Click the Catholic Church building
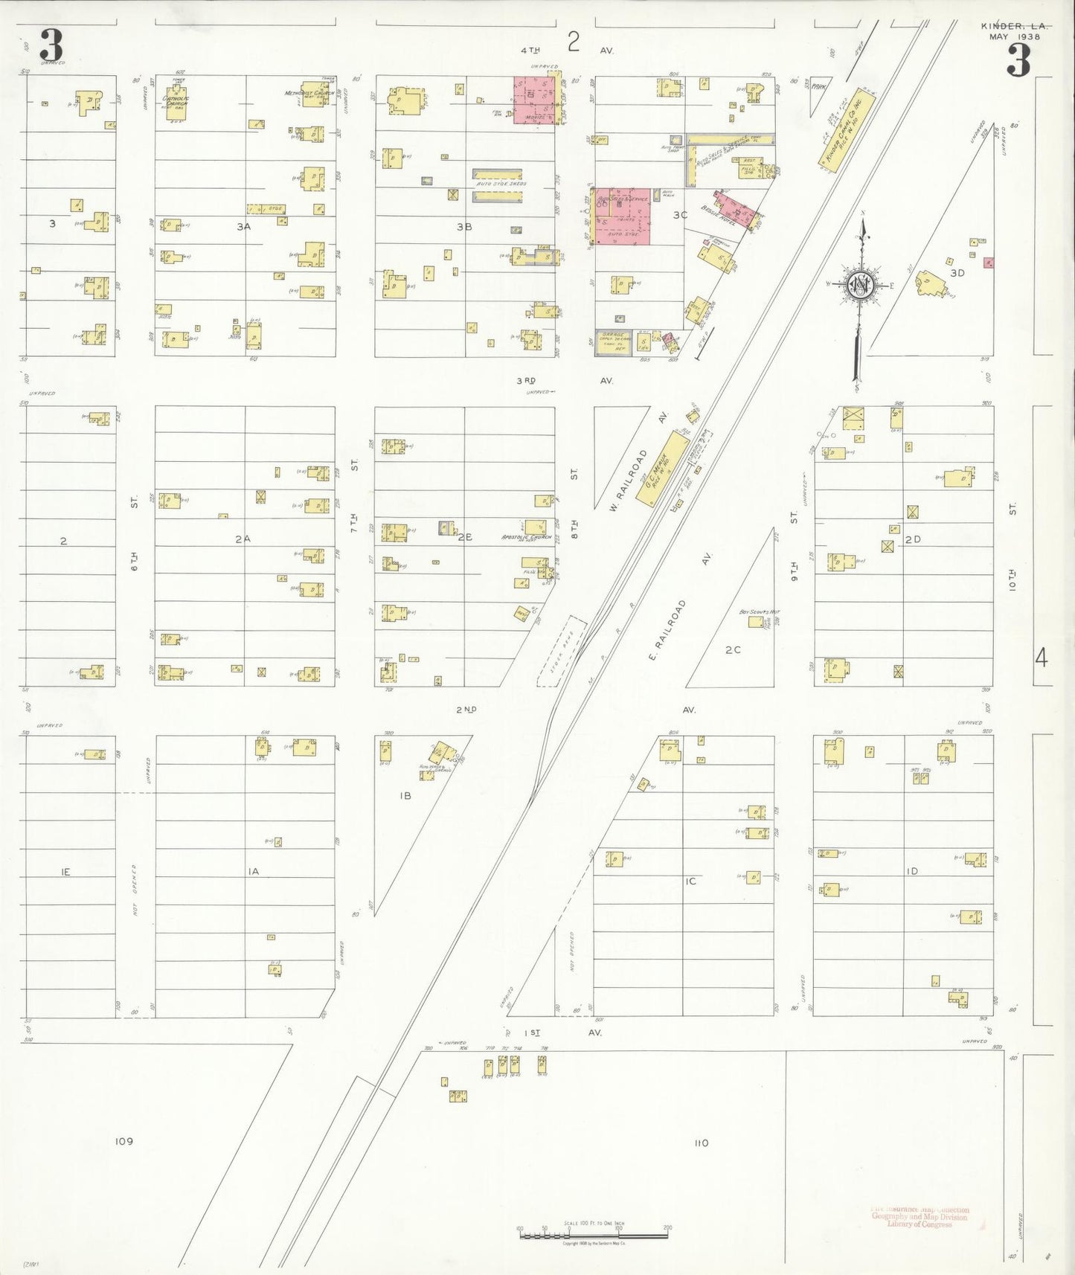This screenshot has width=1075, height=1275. point(176,106)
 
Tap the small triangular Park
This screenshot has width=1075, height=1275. point(821,86)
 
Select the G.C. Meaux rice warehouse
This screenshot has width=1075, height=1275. point(661,469)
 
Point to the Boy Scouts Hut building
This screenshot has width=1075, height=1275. point(757,620)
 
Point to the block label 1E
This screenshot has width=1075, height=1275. point(65,871)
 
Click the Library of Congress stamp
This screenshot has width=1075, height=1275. point(921,1216)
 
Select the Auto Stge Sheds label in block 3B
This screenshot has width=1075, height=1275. point(501,183)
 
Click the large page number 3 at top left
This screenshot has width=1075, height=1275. point(51,47)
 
